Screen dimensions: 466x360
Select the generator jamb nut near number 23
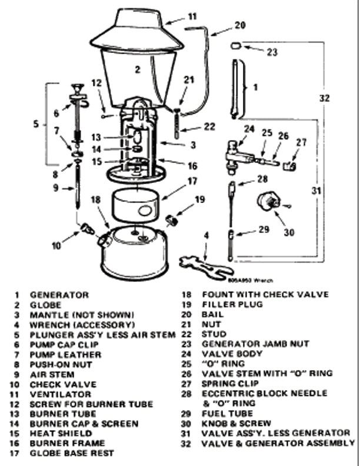(235, 45)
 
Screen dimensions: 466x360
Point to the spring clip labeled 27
(288, 167)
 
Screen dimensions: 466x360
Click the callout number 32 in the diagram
(325, 98)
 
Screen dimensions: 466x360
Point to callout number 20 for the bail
(239, 25)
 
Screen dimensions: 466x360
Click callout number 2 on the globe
(136, 69)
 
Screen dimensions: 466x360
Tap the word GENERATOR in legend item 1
(59, 294)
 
